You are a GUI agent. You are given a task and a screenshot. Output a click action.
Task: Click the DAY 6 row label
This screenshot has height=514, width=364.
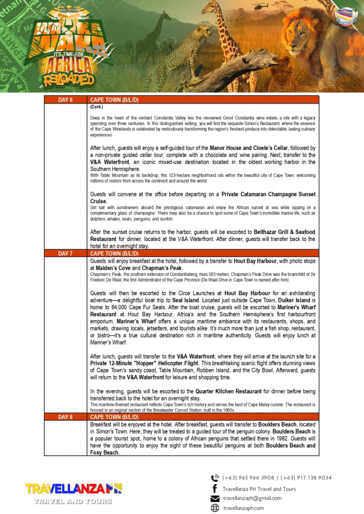pos(66,100)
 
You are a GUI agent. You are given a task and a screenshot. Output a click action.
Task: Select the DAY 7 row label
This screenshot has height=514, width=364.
pos(66,253)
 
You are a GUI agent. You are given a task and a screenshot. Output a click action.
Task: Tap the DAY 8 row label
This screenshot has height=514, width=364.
pos(66,417)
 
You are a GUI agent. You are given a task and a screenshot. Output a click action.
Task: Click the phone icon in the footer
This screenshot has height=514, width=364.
pos(215,478)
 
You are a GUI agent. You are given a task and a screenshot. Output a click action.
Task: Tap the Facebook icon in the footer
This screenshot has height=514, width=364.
pos(215,488)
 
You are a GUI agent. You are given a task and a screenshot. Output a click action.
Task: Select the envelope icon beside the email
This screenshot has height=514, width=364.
pos(215,498)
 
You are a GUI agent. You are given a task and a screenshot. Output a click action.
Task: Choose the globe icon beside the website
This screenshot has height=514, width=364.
pos(215,508)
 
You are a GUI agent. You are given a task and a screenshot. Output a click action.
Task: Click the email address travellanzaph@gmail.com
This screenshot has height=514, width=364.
pos(252,498)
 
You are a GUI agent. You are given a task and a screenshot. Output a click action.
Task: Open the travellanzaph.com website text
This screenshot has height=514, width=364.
pos(244,508)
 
